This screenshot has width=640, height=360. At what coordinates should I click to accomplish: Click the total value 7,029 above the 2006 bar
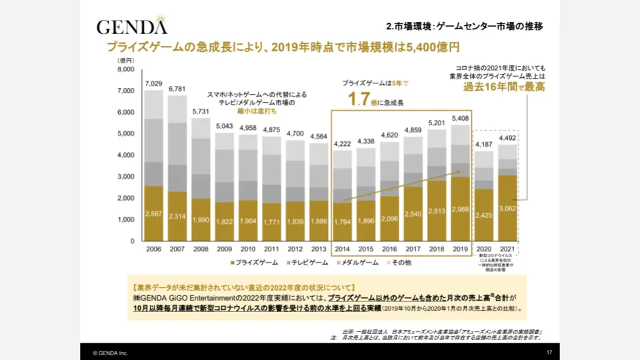coord(153,83)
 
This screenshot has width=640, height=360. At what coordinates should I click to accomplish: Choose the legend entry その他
coord(399,262)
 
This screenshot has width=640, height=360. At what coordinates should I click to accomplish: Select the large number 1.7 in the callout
coord(359,100)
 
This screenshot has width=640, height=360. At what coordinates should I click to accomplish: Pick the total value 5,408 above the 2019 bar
coord(460,118)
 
